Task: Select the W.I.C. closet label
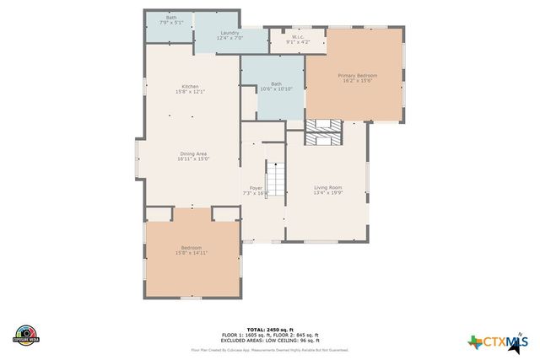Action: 298,36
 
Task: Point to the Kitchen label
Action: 191,86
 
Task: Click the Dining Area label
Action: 192,153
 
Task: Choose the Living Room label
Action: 327,187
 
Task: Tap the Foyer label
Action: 255,188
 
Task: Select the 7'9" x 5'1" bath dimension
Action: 171,23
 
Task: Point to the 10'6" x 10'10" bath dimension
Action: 276,89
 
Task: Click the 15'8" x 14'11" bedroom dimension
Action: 192,252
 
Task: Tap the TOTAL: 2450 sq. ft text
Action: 270,329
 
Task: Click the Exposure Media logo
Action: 26,334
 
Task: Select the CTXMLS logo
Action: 498,341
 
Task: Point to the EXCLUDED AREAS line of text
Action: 270,340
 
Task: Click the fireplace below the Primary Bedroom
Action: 324,132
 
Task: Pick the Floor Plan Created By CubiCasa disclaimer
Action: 270,349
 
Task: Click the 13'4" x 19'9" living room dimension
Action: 327,193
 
